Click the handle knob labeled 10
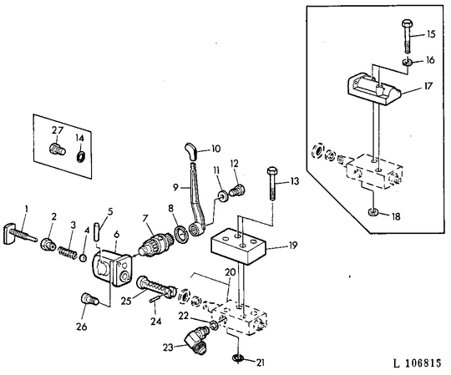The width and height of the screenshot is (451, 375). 191,150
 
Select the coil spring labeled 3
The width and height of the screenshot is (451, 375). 68,251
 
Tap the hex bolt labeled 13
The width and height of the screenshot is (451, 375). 272,184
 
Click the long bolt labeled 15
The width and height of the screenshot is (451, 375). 408,36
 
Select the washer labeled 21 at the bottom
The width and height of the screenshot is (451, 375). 238,358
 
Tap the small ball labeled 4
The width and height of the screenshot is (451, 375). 84,258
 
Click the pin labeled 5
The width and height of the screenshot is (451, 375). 96,231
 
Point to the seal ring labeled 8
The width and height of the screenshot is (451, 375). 182,234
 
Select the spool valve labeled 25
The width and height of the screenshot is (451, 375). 155,286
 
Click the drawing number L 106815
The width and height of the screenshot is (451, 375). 417,363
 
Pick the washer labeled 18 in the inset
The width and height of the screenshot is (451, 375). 372,213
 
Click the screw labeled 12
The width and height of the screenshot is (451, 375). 237,190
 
